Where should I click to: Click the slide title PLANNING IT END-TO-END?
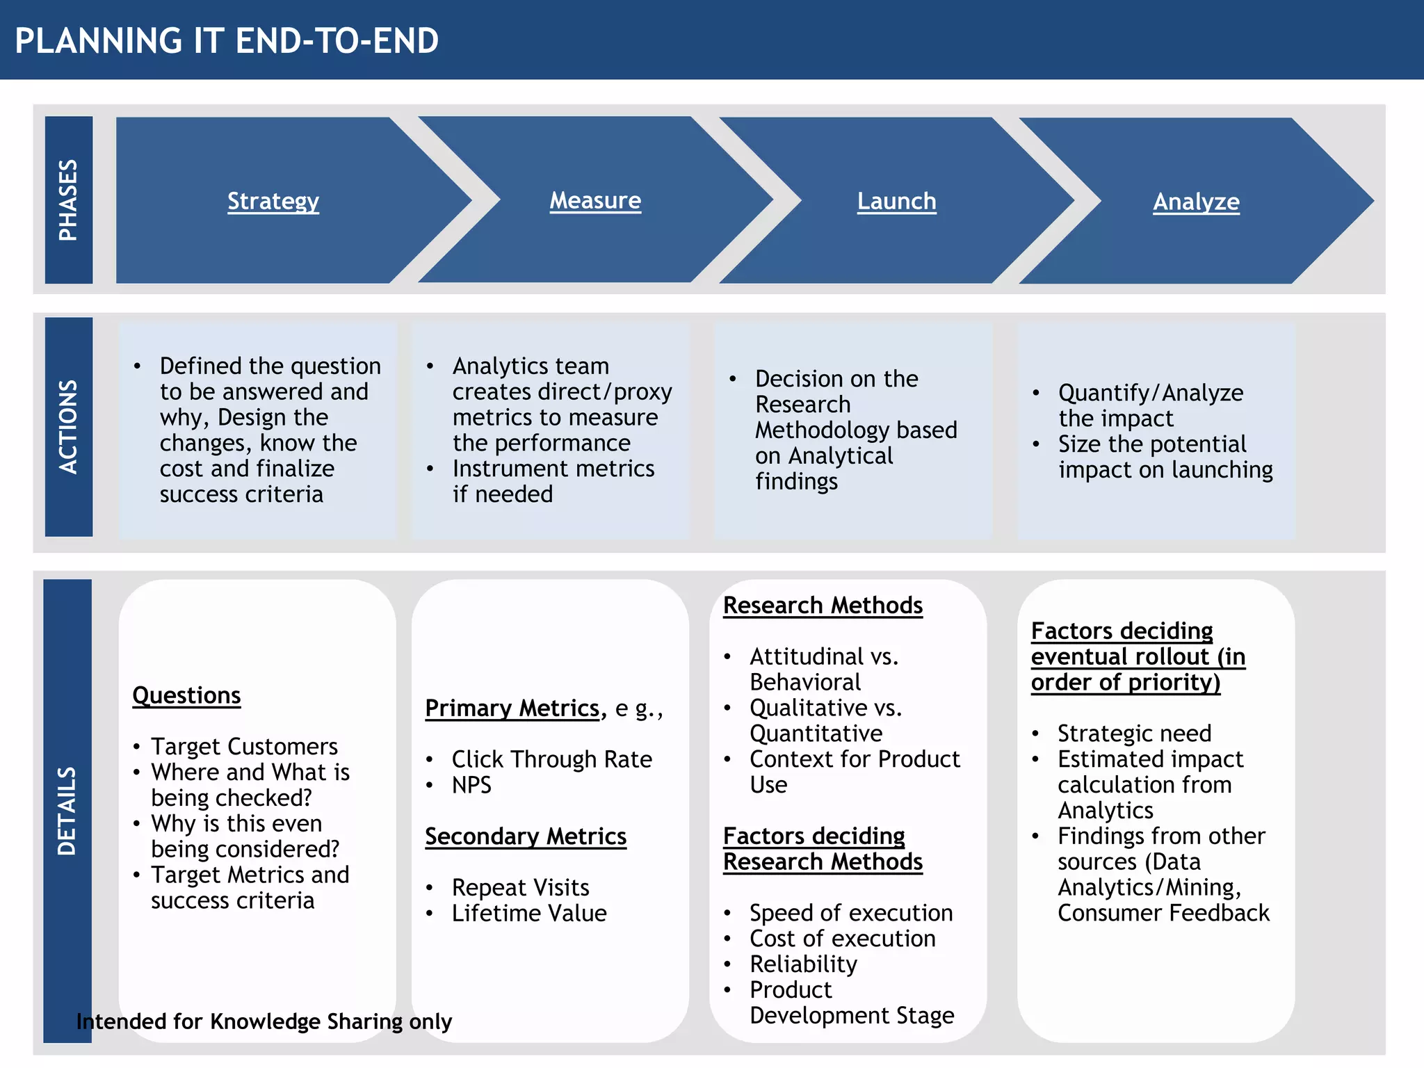click(x=227, y=40)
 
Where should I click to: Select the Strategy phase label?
click(x=273, y=201)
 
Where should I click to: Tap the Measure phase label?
click(x=595, y=200)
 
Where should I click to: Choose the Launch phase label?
click(x=896, y=201)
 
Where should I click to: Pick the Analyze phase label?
click(x=1196, y=202)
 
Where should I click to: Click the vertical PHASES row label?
click(x=68, y=200)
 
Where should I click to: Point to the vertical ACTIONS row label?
click(x=68, y=426)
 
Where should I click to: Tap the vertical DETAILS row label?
click(x=67, y=810)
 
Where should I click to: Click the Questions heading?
click(x=186, y=695)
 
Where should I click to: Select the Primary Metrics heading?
click(x=512, y=708)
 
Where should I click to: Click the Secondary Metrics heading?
click(x=526, y=836)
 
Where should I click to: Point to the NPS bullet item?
click(x=471, y=785)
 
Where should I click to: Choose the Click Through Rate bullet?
click(x=551, y=759)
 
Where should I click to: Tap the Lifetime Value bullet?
click(x=529, y=913)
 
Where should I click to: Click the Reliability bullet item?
click(x=803, y=964)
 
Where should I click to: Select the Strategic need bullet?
click(x=1134, y=734)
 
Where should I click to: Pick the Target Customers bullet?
click(x=244, y=747)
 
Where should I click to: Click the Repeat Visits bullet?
click(x=520, y=887)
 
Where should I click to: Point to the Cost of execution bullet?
click(x=842, y=939)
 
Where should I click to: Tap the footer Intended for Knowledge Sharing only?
click(x=264, y=1021)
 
